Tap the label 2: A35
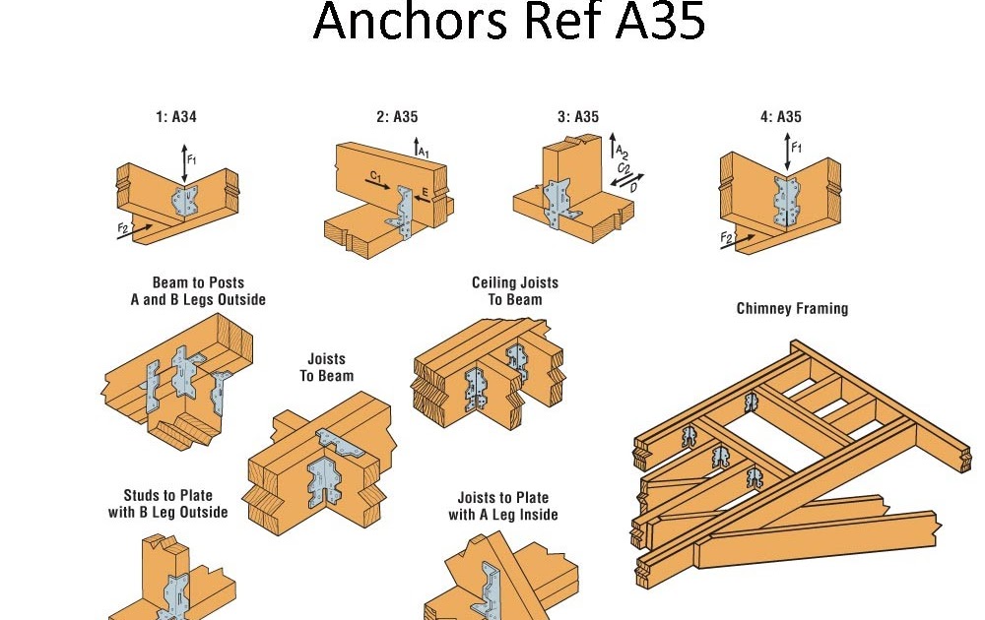tap(397, 117)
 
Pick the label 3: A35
tap(578, 117)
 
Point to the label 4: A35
tap(780, 117)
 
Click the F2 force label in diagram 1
tap(123, 229)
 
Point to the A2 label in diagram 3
tap(622, 151)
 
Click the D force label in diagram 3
tap(632, 186)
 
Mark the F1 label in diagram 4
tap(797, 149)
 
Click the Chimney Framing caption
tap(792, 309)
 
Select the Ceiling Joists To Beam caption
tap(515, 291)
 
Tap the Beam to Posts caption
tap(197, 291)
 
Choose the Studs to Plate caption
tap(168, 504)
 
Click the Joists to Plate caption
tap(503, 506)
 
